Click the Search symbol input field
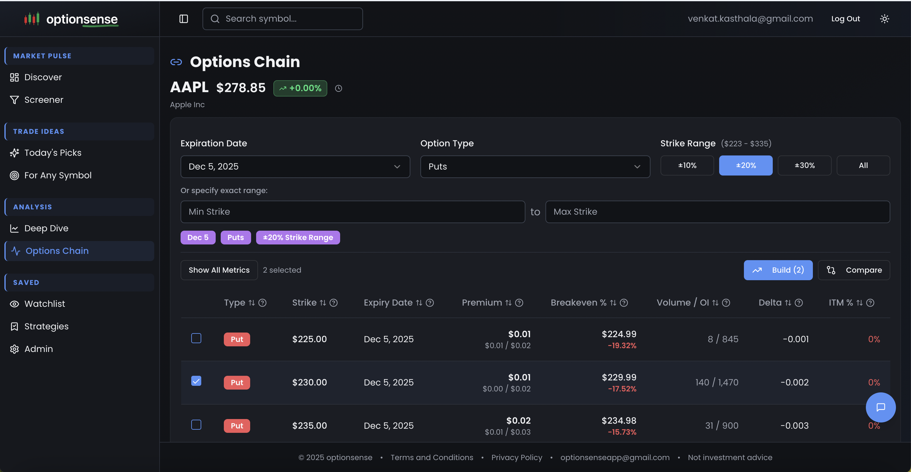(283, 19)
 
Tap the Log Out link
(845, 19)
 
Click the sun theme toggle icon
(884, 19)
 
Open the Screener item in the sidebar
(44, 100)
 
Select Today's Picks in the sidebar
(53, 153)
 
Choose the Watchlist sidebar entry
(45, 304)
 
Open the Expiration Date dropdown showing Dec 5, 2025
(295, 166)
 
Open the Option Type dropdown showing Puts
(535, 166)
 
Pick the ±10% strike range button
(687, 165)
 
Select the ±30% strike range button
(804, 165)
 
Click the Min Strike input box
(352, 212)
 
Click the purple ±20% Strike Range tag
(298, 238)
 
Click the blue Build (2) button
(778, 270)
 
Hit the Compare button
(854, 270)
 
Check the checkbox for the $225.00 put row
(196, 338)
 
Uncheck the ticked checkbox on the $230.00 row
(196, 381)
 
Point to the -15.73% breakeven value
(622, 432)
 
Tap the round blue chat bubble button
(880, 407)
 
